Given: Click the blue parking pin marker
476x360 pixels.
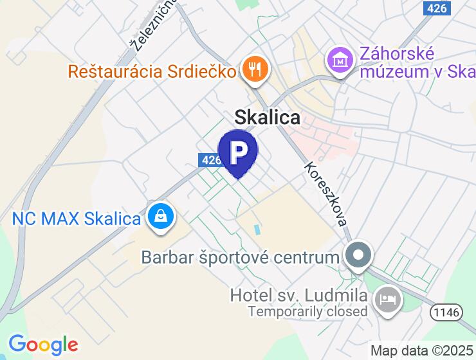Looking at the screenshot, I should point(238,152).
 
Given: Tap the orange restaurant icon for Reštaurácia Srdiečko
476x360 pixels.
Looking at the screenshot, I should point(255,69).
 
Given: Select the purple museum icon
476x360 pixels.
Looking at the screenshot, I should point(341,61).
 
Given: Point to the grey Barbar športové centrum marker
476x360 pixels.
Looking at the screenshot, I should point(358,256).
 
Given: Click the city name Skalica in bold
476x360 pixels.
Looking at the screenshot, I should point(267,117).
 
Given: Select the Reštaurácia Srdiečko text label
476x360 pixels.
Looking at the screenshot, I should point(152,70).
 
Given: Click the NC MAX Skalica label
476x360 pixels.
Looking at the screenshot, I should point(77,219).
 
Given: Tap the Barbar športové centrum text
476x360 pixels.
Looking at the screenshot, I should point(240,258).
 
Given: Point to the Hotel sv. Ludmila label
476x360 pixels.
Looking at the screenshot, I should point(299,296).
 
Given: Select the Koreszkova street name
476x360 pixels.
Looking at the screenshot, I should point(327,193).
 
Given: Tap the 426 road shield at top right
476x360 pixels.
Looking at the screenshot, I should point(437,8).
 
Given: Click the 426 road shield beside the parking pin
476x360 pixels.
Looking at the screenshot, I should point(210,160).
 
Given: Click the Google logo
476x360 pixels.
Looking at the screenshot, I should point(43,345).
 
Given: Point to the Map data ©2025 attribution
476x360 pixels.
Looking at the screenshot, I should point(422,351).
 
